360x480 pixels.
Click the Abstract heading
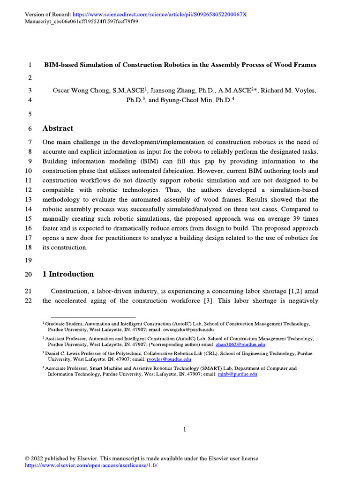58,128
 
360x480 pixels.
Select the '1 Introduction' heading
68,274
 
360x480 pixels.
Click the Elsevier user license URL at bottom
90,465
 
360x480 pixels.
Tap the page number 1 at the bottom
185,429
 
